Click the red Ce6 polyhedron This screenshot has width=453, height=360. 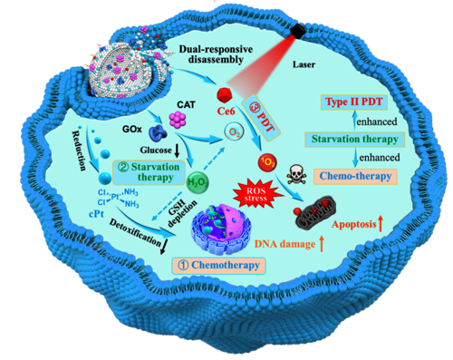(x=225, y=95)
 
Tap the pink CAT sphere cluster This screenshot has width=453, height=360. (x=178, y=120)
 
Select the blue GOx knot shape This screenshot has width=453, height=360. (x=159, y=133)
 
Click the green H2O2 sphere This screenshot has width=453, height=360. (x=198, y=182)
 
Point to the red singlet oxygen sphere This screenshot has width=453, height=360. (x=268, y=163)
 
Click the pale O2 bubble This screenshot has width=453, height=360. (x=234, y=132)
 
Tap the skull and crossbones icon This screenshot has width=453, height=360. (x=296, y=174)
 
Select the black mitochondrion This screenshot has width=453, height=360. (x=314, y=209)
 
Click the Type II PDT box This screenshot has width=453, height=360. (x=353, y=102)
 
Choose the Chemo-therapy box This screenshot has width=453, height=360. (x=355, y=176)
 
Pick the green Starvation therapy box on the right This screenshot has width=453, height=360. (x=354, y=140)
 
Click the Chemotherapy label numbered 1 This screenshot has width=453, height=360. (x=218, y=266)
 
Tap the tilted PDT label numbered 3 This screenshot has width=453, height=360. (x=262, y=118)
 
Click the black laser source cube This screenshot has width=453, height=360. (x=298, y=31)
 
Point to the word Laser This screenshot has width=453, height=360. (x=304, y=64)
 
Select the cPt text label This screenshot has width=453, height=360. (x=97, y=214)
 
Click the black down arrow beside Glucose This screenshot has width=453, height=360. (x=177, y=151)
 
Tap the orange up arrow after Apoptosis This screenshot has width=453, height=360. (x=381, y=223)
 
